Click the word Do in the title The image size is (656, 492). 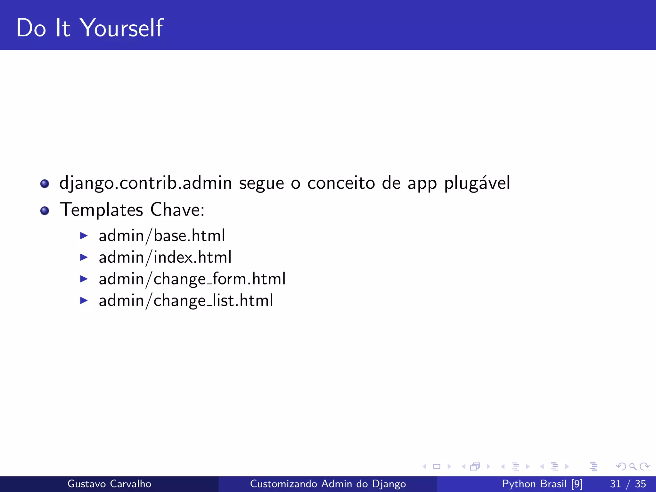tap(31, 28)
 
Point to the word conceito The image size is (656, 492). tap(341, 184)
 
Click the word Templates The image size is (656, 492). tap(101, 210)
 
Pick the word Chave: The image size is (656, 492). tap(177, 210)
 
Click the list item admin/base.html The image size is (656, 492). tap(162, 236)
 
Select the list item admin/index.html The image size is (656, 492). tap(165, 258)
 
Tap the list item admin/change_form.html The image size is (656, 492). tap(192, 279)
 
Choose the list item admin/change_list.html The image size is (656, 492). tap(186, 301)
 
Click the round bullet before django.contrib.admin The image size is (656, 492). tap(45, 184)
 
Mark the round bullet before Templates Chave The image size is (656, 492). tap(45, 211)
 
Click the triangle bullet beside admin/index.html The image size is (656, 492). tap(84, 257)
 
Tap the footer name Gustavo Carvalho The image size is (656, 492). tap(109, 484)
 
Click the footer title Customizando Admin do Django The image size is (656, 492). tap(328, 484)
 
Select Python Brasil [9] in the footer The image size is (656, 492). tap(542, 484)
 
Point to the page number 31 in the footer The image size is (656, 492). tap(615, 484)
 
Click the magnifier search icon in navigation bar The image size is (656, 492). tap(633, 466)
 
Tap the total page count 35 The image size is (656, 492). tap(640, 484)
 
